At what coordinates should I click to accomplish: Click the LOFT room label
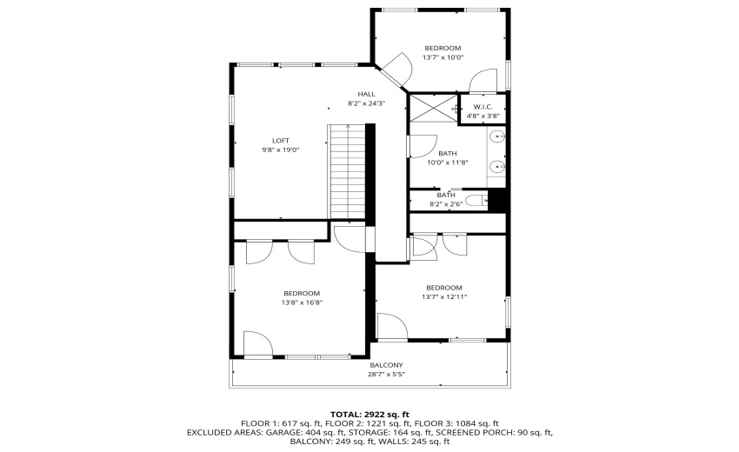[280, 140]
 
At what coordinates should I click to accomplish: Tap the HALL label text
[366, 94]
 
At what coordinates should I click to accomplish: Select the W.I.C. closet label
[483, 107]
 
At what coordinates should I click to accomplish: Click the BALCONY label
[386, 365]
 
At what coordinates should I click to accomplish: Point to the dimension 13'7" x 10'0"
[443, 57]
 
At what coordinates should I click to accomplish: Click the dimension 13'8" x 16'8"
[301, 303]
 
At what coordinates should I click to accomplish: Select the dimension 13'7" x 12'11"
[443, 296]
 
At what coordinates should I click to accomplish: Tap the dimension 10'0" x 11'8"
[448, 163]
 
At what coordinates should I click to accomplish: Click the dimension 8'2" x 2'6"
[447, 205]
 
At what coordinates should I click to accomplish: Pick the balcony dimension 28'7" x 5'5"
[386, 375]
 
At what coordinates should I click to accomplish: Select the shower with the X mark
[432, 109]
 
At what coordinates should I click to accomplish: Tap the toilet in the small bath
[476, 201]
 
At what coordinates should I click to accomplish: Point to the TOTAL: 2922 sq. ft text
[369, 414]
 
